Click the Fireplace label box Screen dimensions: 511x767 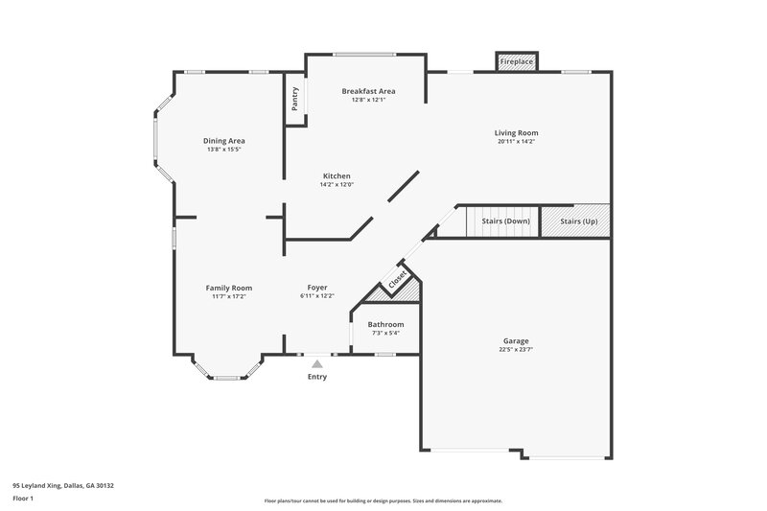click(517, 61)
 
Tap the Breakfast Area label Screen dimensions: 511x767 click(368, 91)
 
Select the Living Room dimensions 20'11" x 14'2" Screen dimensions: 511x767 click(516, 142)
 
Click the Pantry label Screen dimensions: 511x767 click(295, 100)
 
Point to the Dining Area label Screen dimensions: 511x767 click(223, 141)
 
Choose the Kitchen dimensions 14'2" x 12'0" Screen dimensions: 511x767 click(337, 185)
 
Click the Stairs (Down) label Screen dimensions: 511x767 click(504, 221)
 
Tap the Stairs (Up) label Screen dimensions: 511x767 click(577, 221)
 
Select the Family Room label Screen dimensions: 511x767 click(229, 288)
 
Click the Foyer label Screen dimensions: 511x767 click(317, 288)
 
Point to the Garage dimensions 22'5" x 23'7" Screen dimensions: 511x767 click(516, 350)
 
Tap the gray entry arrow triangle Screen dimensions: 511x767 click(316, 363)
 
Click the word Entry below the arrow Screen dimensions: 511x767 click(316, 377)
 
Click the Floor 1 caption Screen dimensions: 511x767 click(24, 499)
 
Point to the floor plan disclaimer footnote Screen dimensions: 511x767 click(383, 500)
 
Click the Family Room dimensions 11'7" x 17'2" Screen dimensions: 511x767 click(229, 296)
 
